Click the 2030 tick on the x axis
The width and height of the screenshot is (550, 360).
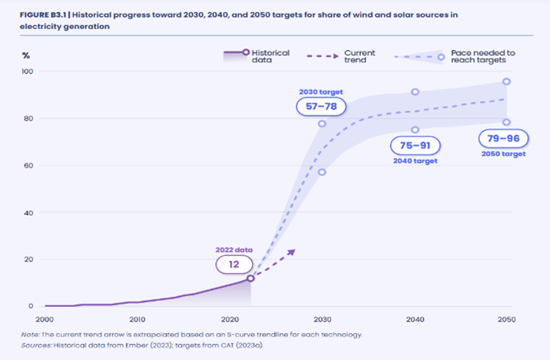coord(323,319)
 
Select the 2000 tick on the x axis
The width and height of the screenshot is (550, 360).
coord(45,319)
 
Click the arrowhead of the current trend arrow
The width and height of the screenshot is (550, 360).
coord(292,250)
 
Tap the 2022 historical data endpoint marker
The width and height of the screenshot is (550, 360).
coord(250,278)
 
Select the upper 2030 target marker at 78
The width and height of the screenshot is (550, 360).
coord(323,124)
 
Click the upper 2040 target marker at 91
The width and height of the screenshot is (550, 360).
coord(415,92)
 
